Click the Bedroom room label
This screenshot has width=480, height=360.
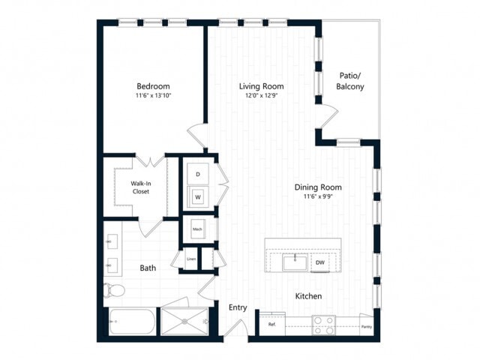click(153, 85)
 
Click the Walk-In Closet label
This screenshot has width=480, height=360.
click(140, 187)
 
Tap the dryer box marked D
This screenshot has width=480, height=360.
click(198, 174)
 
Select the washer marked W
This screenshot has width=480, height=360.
click(198, 197)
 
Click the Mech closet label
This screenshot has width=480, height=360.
click(198, 229)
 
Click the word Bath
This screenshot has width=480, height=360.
click(148, 268)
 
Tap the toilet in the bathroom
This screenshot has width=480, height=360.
click(115, 290)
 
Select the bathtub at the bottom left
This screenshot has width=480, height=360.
click(133, 323)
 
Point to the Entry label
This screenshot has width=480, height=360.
click(238, 307)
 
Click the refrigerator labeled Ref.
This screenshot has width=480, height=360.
click(271, 325)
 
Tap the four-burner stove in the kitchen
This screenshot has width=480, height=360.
click(323, 325)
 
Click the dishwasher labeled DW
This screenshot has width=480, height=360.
click(320, 262)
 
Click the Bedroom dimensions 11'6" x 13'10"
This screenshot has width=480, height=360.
click(153, 96)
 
